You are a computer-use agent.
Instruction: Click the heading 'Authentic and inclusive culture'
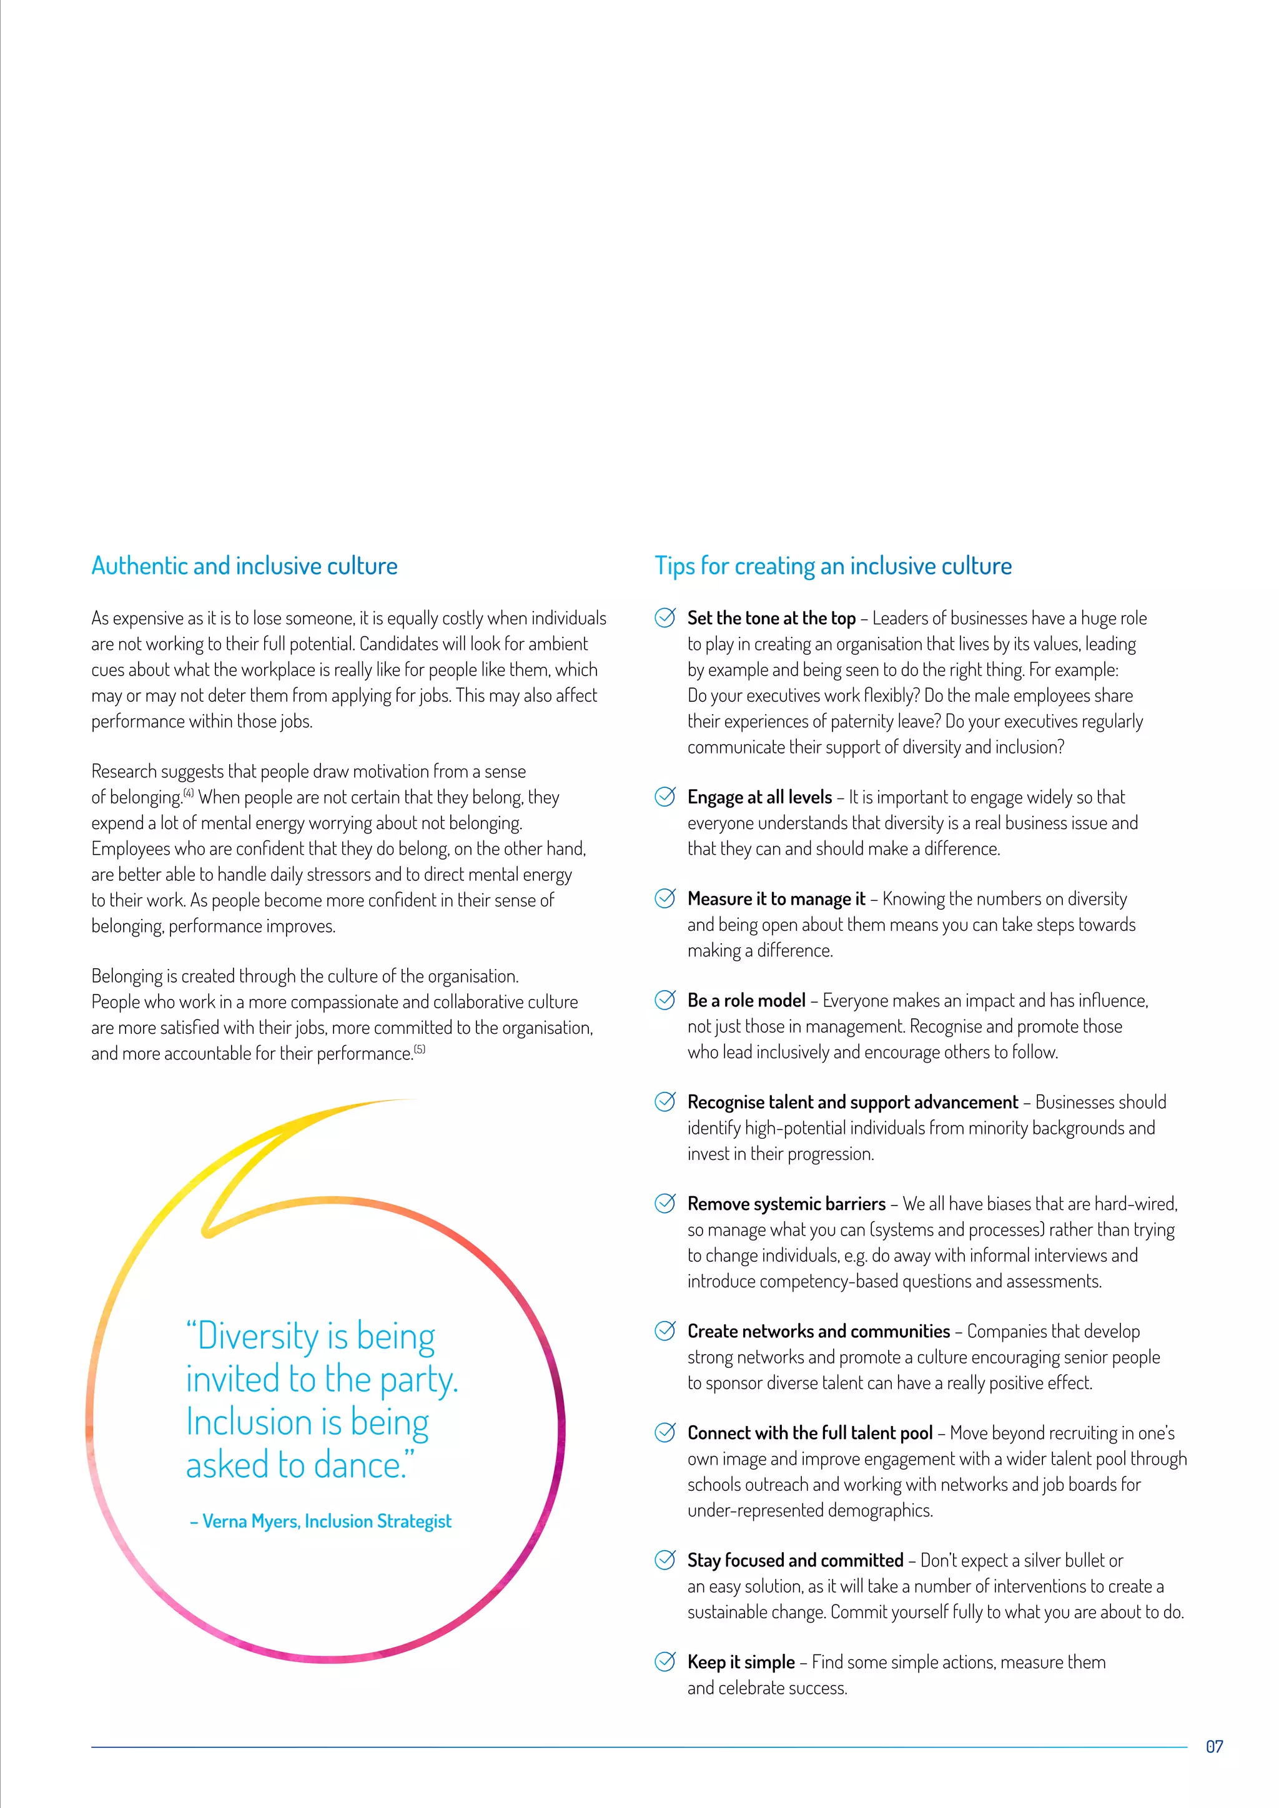(244, 566)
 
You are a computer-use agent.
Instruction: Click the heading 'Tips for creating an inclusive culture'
(832, 566)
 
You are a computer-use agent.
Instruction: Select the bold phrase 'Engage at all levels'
(759, 797)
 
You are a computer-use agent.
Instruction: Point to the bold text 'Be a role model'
(746, 1000)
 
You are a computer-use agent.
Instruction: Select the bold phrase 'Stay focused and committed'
(794, 1560)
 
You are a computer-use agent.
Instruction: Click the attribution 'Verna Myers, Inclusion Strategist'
(326, 1521)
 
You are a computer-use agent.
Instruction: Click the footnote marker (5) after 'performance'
(420, 1049)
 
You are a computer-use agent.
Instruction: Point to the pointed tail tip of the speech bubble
(208, 1232)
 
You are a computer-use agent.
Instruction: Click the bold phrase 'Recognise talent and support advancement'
(852, 1102)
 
